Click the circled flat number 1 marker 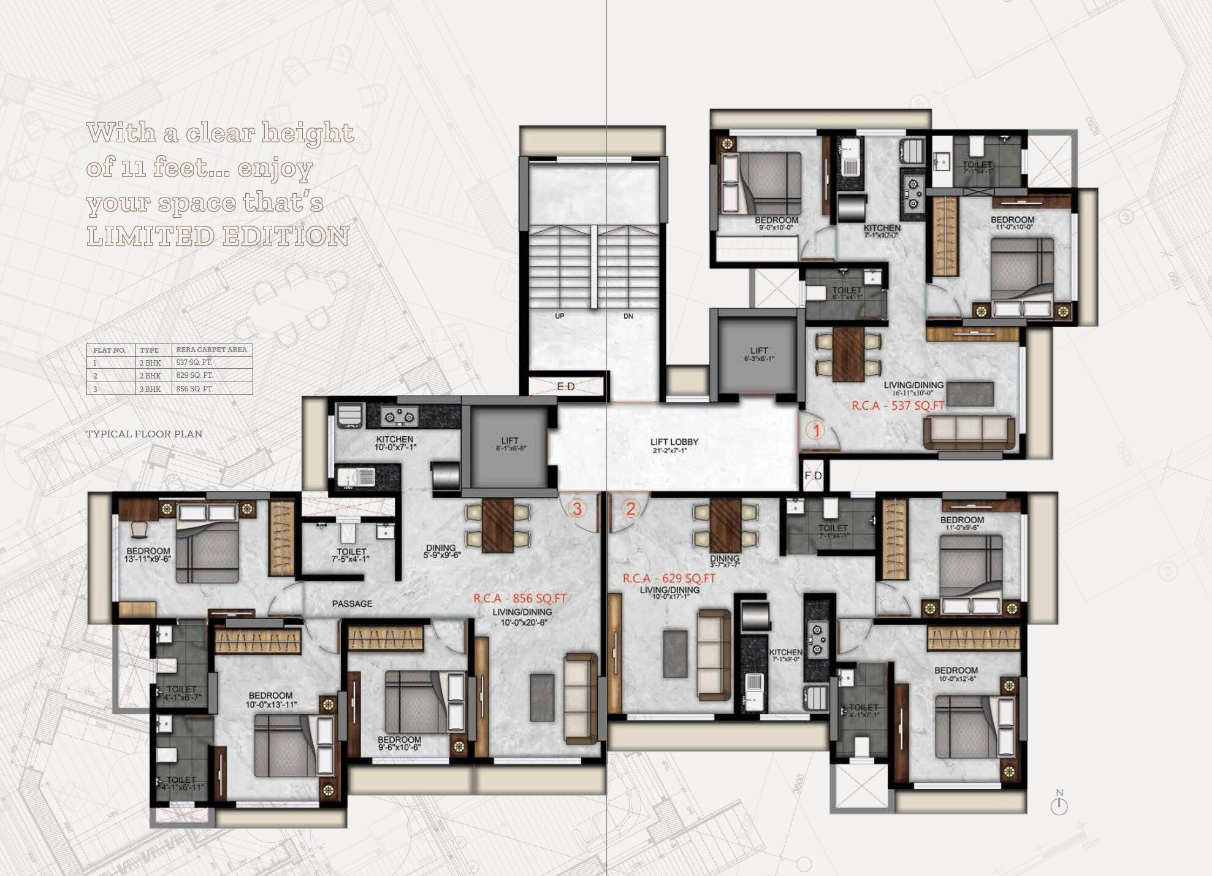coord(816,431)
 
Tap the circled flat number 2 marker coord(630,509)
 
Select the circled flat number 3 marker coord(577,509)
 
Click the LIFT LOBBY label coord(674,442)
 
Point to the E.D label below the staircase coord(566,386)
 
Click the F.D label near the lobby coord(813,476)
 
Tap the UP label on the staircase coord(559,317)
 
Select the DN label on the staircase coord(628,317)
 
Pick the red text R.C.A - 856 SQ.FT coord(519,599)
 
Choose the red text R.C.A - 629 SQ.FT coord(669,578)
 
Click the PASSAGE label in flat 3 coord(352,604)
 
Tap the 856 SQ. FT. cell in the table coord(194,389)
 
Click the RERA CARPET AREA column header coord(212,350)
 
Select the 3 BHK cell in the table coord(150,389)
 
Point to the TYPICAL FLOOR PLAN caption coord(144,434)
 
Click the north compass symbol coord(1059,804)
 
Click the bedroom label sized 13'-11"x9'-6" coord(148,555)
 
